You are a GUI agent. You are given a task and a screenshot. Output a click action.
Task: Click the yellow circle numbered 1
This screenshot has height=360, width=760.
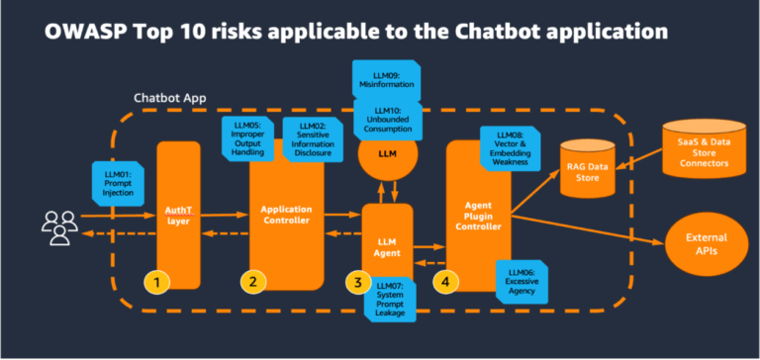(156, 282)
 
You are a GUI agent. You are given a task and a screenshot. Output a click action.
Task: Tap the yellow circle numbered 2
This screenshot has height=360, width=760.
(254, 282)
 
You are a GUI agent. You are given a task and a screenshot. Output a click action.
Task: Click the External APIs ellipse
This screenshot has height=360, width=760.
(708, 244)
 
